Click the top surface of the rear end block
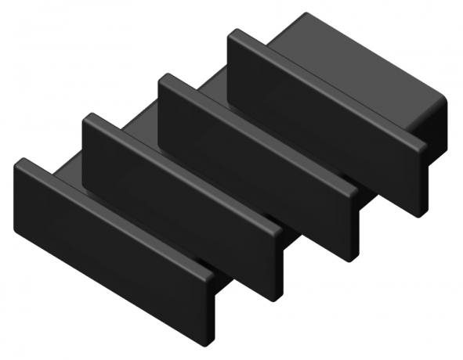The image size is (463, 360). pos(360,55)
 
